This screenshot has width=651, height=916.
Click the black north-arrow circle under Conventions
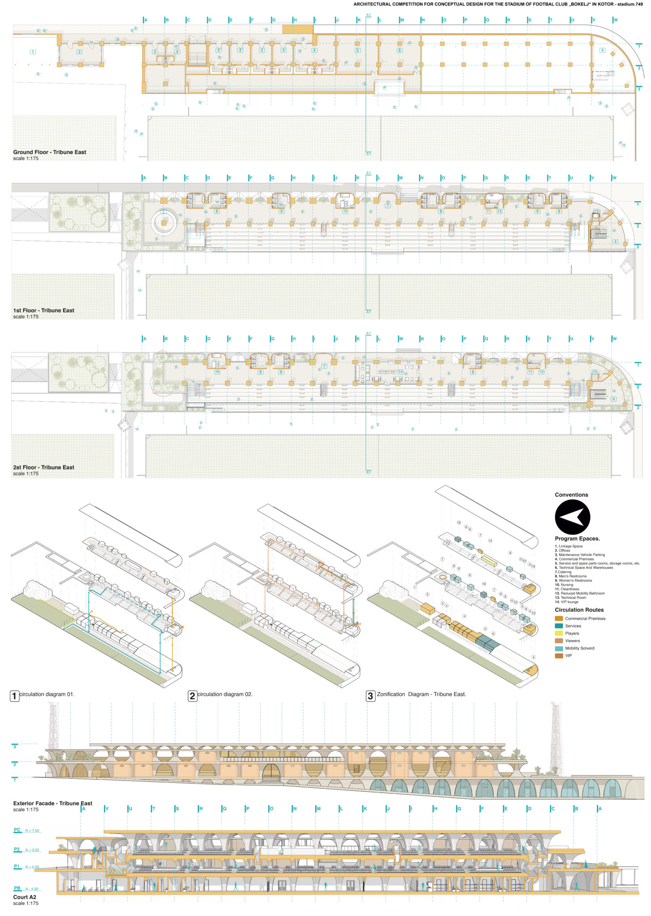point(572,517)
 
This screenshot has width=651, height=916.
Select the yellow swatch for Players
point(558,633)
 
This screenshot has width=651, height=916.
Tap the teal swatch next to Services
point(558,626)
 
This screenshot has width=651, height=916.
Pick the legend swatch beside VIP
point(558,656)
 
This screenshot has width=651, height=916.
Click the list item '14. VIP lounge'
point(566,602)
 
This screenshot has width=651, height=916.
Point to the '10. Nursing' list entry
point(564,585)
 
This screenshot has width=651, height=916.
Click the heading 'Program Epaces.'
point(577,539)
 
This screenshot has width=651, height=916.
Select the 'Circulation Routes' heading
point(579,610)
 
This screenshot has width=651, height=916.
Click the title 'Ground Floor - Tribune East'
point(50,152)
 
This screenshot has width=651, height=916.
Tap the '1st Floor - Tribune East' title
point(43,310)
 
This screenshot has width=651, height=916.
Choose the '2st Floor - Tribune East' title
point(43,467)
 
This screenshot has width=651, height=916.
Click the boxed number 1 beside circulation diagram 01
point(14,696)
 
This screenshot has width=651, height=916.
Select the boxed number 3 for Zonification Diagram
point(370,696)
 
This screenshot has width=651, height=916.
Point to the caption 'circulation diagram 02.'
point(225,694)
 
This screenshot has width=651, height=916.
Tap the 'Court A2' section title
point(25,897)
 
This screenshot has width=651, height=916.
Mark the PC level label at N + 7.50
point(17,830)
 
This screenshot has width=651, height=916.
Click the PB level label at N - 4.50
point(17,888)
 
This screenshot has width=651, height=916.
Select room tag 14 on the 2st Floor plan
point(400,372)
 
